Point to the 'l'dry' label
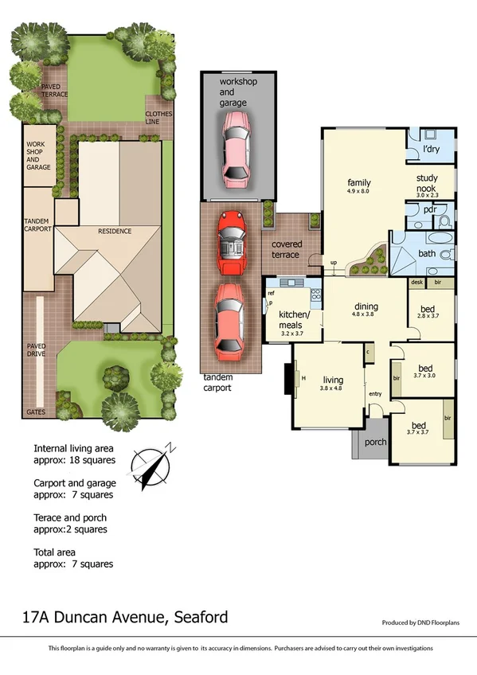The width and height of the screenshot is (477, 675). click(x=431, y=149)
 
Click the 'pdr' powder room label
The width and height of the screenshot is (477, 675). click(x=429, y=210)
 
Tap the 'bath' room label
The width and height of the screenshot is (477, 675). click(x=427, y=255)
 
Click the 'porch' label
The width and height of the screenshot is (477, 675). click(x=375, y=443)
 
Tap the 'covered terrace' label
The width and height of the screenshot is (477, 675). click(x=286, y=249)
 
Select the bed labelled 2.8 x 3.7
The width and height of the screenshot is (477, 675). click(x=427, y=311)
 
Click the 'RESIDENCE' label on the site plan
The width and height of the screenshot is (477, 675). click(x=115, y=232)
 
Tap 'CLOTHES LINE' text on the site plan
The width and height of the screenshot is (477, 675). click(x=158, y=118)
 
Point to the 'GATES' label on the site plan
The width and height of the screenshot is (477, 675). click(x=37, y=412)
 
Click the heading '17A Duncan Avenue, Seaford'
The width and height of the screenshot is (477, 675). click(x=125, y=616)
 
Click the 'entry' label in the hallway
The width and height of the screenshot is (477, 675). click(x=375, y=394)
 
